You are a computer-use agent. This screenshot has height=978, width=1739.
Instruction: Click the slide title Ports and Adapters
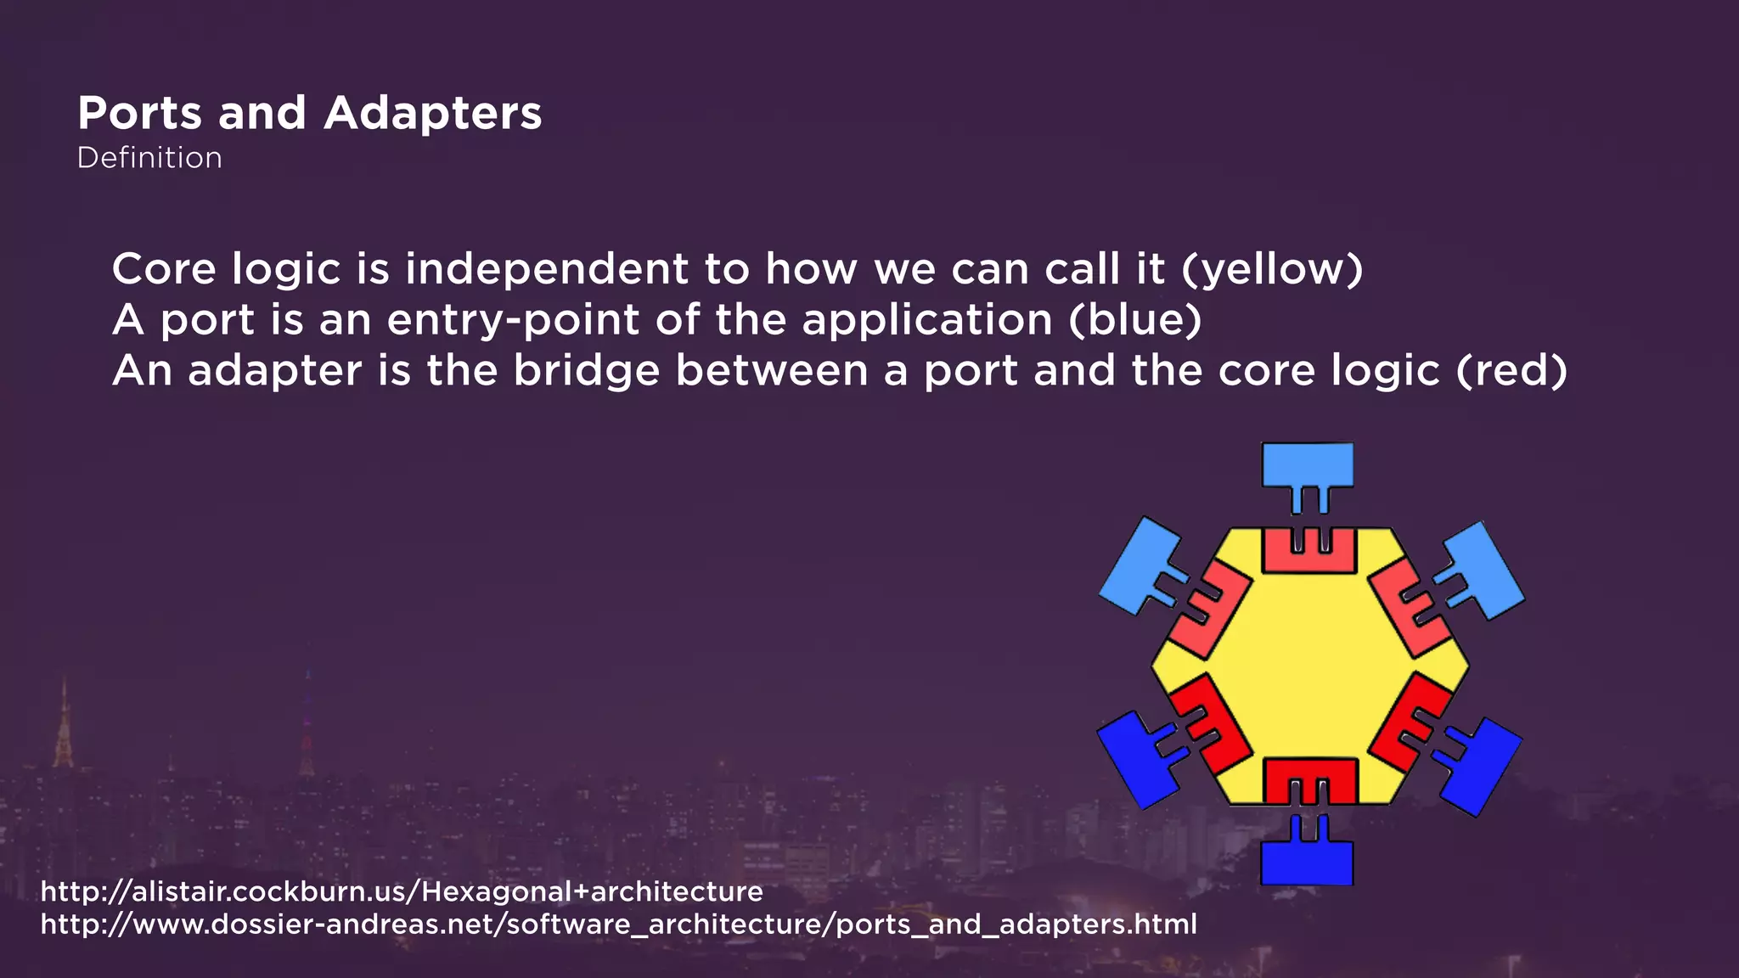click(x=309, y=113)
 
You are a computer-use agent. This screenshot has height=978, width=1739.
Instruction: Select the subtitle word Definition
click(x=149, y=158)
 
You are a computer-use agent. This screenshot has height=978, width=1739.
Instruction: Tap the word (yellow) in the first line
click(x=1271, y=269)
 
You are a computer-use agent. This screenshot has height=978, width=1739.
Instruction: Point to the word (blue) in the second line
click(x=1134, y=320)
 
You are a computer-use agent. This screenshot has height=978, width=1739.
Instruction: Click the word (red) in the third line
click(x=1511, y=371)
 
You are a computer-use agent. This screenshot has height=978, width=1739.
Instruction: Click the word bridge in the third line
click(x=586, y=371)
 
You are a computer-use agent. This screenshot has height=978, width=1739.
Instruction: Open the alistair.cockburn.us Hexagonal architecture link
click(x=402, y=891)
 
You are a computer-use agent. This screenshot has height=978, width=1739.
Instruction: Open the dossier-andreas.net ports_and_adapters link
click(x=618, y=924)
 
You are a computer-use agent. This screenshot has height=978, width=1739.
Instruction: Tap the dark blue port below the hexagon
click(x=1307, y=862)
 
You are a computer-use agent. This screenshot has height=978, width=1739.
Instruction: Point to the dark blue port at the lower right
click(x=1482, y=764)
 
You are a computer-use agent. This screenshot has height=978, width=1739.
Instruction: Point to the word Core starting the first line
click(x=164, y=269)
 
